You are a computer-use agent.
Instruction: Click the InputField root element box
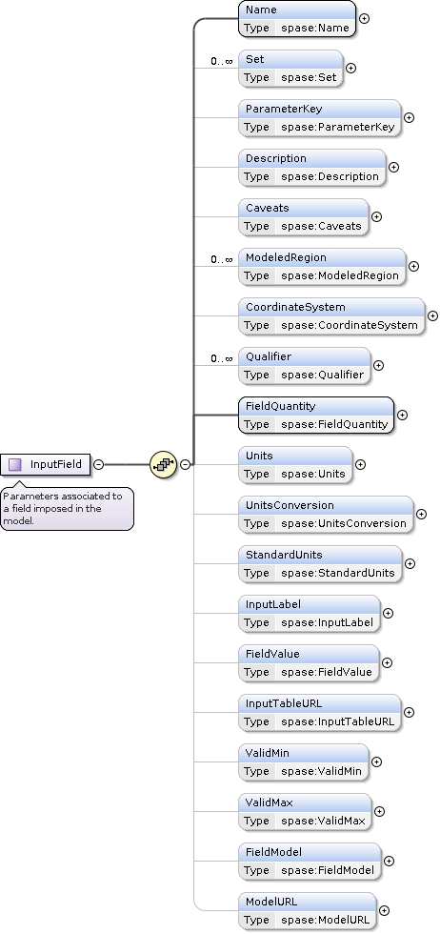point(46,465)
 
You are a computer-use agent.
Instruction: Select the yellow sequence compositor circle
point(163,464)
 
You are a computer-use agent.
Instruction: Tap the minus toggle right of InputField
point(99,465)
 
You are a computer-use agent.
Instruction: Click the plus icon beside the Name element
point(364,18)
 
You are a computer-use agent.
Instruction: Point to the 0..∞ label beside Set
point(222,61)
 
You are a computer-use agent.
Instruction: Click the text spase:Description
point(330,176)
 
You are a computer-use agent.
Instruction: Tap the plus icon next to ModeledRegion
point(413,266)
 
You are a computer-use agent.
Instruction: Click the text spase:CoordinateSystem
point(350,325)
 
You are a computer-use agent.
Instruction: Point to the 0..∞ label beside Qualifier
point(222,358)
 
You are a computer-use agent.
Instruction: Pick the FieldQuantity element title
point(280,406)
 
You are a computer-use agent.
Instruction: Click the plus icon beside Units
point(360,465)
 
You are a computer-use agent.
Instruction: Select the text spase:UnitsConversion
point(344,523)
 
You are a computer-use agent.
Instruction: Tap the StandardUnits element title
point(284,555)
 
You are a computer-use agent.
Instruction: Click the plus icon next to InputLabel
point(388,613)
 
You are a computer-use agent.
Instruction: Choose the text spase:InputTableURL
point(337,722)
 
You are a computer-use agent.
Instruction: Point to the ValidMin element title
point(268,753)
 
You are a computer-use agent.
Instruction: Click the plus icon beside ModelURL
point(384,910)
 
